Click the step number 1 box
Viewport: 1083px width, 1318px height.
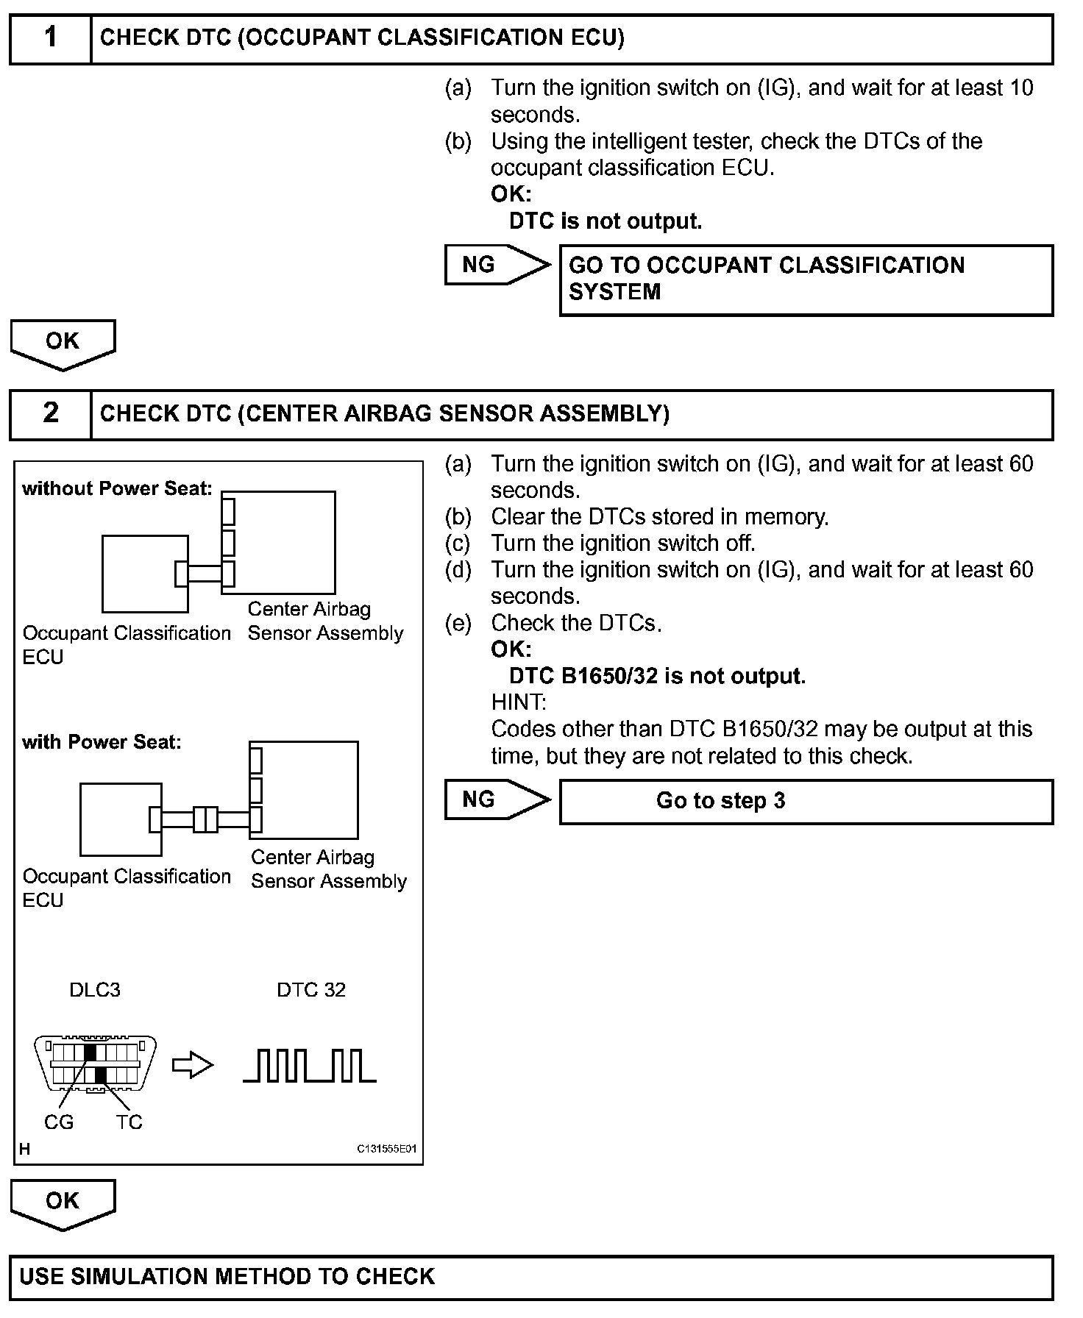pyautogui.click(x=50, y=38)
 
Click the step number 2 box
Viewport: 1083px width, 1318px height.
pyautogui.click(x=50, y=414)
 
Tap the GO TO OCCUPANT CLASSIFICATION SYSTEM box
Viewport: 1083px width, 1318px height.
pyautogui.click(x=806, y=279)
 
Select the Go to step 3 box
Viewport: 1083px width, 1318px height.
pyautogui.click(x=806, y=801)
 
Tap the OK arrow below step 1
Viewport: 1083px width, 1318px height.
pyautogui.click(x=63, y=343)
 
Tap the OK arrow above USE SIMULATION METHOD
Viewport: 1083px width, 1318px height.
pyautogui.click(x=63, y=1203)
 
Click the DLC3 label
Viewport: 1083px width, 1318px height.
pyautogui.click(x=95, y=990)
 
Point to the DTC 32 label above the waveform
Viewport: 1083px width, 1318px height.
pyautogui.click(x=311, y=990)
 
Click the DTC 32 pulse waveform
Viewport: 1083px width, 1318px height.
pyautogui.click(x=310, y=1066)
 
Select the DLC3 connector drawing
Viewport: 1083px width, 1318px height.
pyautogui.click(x=96, y=1064)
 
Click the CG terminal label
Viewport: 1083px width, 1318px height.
pyautogui.click(x=59, y=1122)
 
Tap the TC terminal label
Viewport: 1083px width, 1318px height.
pyautogui.click(x=129, y=1122)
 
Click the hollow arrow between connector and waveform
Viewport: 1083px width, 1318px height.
pyautogui.click(x=192, y=1066)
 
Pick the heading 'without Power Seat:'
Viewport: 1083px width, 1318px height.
pyautogui.click(x=117, y=488)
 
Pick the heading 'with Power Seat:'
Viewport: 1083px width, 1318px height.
pyautogui.click(x=102, y=741)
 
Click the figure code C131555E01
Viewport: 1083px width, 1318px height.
pyautogui.click(x=387, y=1150)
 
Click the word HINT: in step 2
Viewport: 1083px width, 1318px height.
pyautogui.click(x=519, y=702)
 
